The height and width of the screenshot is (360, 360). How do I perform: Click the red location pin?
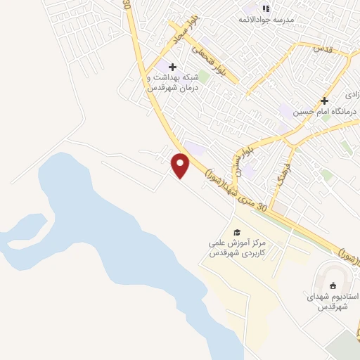point(181,165)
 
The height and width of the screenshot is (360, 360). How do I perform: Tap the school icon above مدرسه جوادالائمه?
point(266,8)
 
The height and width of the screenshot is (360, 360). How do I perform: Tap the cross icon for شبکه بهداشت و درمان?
point(173,67)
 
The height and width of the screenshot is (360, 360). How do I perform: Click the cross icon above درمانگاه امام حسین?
point(324,101)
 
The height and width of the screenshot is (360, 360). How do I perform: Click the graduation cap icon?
point(237,232)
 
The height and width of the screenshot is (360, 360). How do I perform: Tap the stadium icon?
point(333,285)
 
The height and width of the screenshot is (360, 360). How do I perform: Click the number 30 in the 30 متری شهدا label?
point(263,207)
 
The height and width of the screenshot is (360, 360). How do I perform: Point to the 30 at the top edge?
point(127,4)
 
